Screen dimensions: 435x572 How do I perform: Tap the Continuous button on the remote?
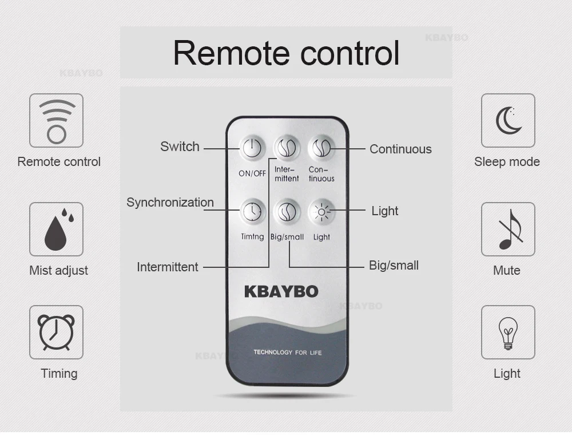tap(321, 149)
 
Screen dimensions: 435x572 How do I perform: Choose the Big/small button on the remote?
tap(286, 212)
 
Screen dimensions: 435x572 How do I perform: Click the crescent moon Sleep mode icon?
tap(508, 121)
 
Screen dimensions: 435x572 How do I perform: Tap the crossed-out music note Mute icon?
tap(508, 229)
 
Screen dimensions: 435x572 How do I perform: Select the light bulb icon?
tap(508, 333)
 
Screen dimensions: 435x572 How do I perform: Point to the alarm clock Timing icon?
tap(56, 332)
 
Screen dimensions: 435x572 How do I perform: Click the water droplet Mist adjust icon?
tap(56, 229)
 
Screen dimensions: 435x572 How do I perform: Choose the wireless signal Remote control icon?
tap(56, 121)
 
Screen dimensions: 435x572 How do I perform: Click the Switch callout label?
tap(180, 147)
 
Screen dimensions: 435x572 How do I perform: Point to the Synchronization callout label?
tap(170, 202)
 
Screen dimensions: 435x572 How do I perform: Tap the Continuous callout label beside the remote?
tap(400, 149)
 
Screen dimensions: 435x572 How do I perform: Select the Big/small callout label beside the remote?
tap(394, 266)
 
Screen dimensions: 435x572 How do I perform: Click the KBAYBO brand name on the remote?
tap(281, 291)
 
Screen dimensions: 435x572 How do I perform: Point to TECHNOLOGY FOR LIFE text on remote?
tap(287, 352)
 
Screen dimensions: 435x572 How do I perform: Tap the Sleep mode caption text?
tap(507, 162)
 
